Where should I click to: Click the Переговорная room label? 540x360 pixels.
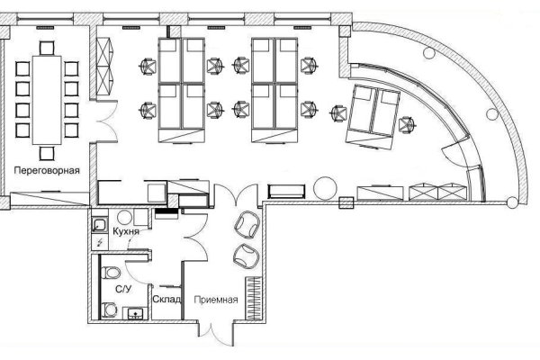point(47,170)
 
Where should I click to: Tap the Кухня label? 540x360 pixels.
point(126,231)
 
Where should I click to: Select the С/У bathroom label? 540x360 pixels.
point(123,289)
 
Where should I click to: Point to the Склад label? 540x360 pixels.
point(166,300)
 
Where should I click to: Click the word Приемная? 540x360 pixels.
point(216,300)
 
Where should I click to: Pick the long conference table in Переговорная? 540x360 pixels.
point(47,100)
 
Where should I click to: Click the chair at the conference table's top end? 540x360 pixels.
point(47,48)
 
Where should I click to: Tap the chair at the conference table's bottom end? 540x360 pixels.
point(47,153)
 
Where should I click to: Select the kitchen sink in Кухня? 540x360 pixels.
point(100,225)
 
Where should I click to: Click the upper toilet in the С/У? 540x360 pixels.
point(111,273)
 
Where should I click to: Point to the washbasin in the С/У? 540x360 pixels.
point(136,313)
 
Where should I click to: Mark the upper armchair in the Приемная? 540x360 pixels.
point(247,225)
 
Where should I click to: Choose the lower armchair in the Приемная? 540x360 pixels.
point(246,256)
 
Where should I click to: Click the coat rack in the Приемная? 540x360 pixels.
point(254,298)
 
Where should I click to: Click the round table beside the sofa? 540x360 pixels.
point(325,188)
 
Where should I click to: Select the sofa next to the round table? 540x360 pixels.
point(286,192)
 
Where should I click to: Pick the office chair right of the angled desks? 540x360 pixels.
point(407,125)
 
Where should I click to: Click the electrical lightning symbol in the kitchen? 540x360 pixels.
point(100,242)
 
